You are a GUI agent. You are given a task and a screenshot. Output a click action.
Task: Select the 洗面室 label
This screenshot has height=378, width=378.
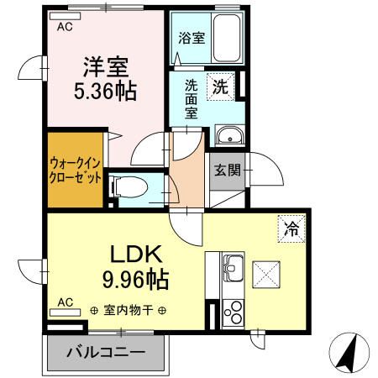point(192,98)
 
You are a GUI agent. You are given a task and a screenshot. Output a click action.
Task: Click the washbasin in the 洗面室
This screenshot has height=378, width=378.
point(227,136)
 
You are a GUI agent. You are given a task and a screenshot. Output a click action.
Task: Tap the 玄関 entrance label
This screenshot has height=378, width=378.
point(227,171)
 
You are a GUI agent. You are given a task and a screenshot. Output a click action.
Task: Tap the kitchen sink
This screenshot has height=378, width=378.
point(233,271)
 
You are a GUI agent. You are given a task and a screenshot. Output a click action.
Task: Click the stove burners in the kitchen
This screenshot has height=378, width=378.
point(233,309)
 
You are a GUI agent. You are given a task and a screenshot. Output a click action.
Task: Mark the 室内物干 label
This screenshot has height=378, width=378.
point(129,310)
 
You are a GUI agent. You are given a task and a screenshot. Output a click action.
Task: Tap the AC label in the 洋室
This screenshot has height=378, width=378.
point(65,27)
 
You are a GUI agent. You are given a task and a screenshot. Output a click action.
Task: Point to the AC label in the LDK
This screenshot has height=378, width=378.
point(65,301)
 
